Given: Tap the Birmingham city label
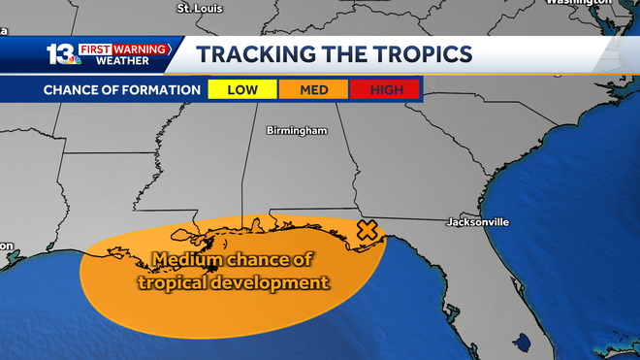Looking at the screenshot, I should pos(297,130).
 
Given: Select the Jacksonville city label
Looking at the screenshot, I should pos(477,222).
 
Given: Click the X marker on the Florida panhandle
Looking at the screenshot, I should pos(368,230).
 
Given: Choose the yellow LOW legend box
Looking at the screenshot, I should pos(242,89).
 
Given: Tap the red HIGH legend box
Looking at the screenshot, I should pos(387,89).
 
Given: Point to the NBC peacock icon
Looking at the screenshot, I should pos(74,61).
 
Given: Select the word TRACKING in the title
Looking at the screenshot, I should pos(260,53).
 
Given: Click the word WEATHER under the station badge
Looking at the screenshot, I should pos(122,61).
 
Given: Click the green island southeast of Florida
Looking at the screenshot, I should pos(524,343).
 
